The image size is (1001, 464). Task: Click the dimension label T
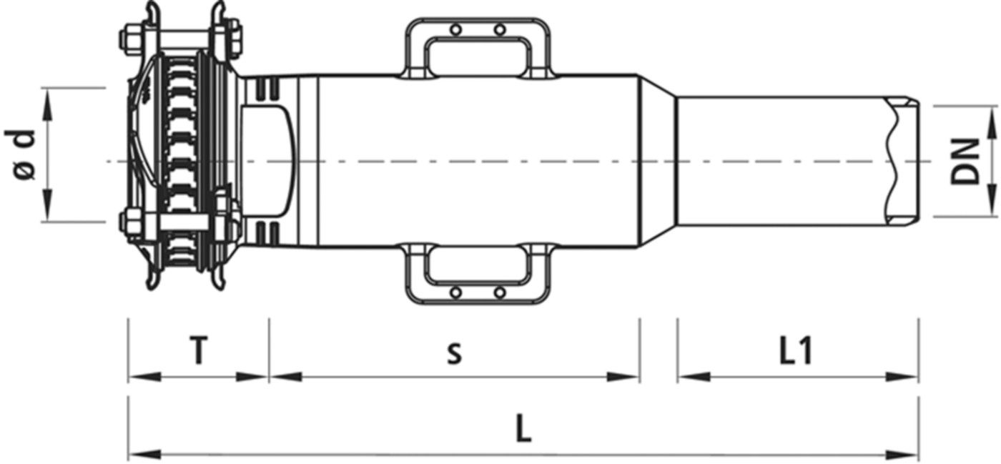(199, 351)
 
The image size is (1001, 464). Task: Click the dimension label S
(455, 355)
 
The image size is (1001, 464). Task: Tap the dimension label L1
(796, 351)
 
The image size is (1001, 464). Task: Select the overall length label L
(523, 428)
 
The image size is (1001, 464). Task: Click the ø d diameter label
(20, 154)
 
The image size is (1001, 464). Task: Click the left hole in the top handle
(456, 30)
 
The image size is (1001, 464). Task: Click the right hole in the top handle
(500, 30)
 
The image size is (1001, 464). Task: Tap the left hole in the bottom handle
(456, 293)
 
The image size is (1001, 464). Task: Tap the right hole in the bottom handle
(500, 293)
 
